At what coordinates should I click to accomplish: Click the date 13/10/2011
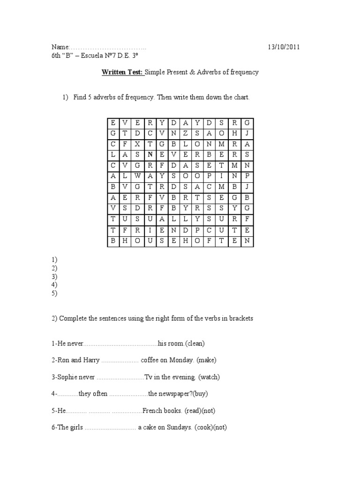[x=284, y=47]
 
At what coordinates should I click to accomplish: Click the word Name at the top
[x=60, y=47]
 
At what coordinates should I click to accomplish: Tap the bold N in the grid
[x=150, y=153]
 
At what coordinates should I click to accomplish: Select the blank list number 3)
[x=54, y=277]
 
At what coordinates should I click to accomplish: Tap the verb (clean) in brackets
[x=195, y=344]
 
